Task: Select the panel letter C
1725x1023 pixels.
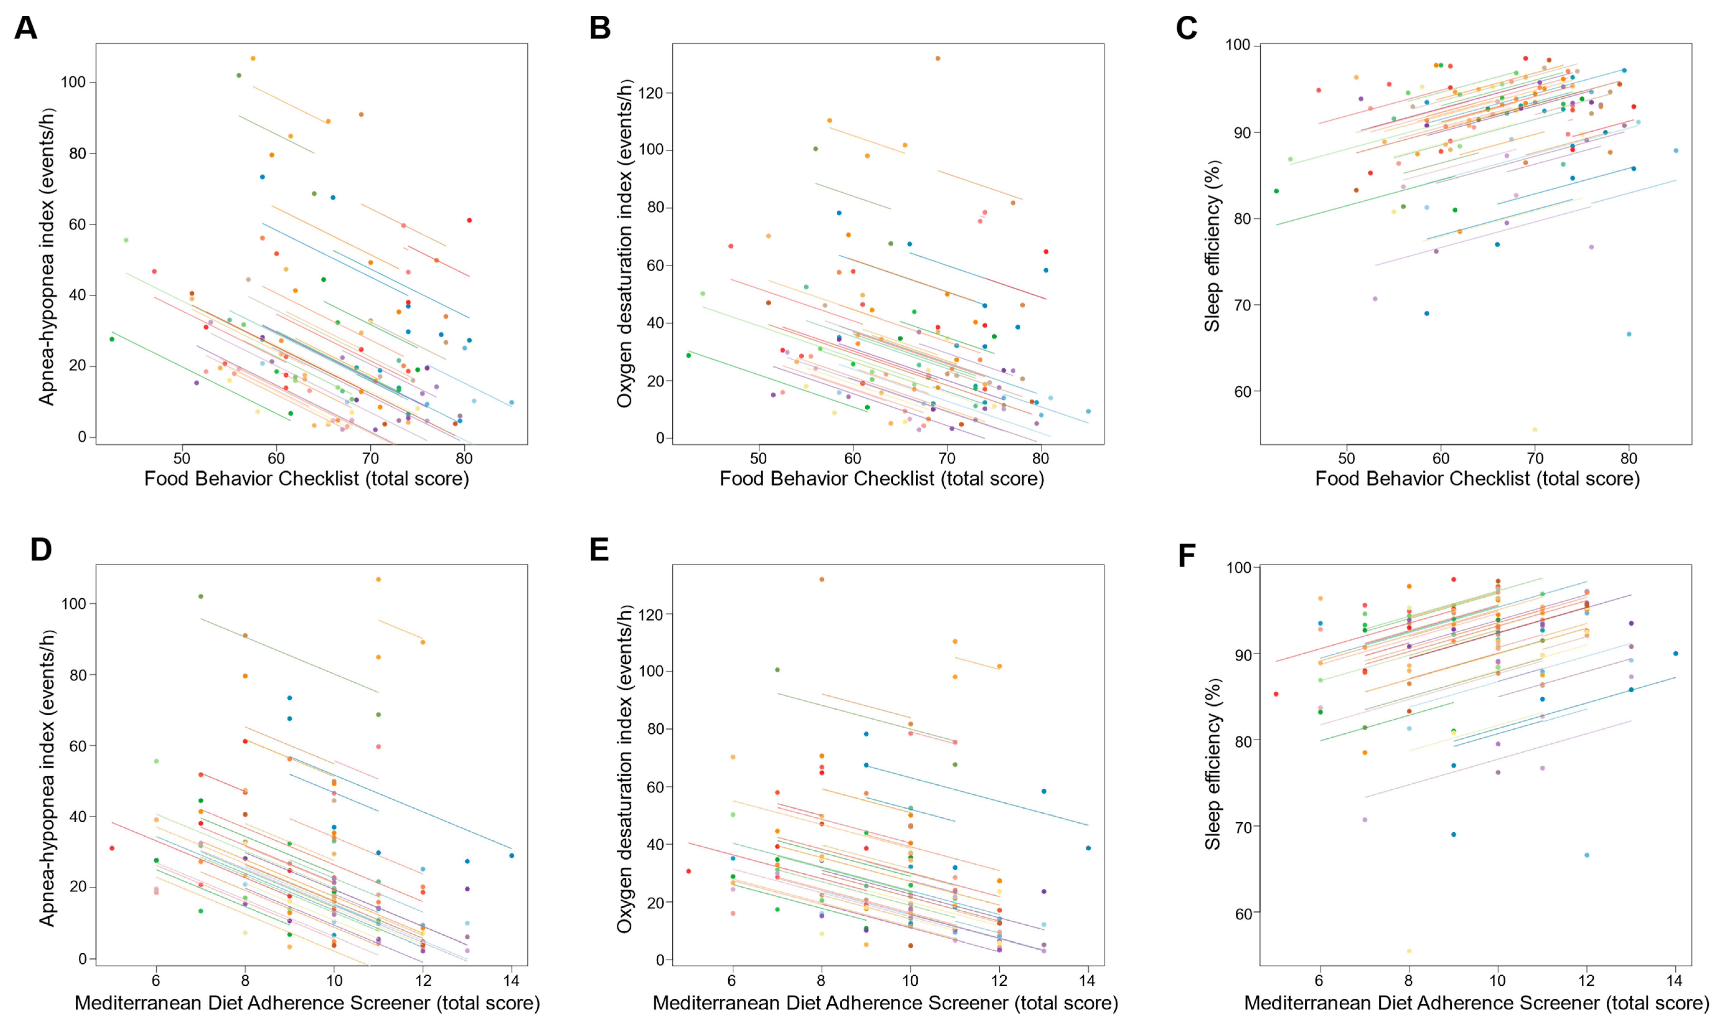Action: (1187, 29)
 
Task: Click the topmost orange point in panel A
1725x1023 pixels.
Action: (253, 58)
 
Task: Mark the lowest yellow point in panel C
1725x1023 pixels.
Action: (1535, 429)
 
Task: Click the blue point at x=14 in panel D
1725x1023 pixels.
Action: (512, 856)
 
